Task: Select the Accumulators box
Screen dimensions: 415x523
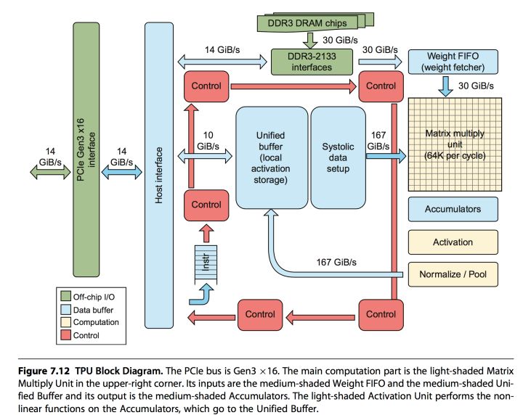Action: pyautogui.click(x=453, y=209)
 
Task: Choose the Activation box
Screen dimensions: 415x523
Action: pyautogui.click(x=453, y=242)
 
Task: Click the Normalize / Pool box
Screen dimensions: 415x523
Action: pyautogui.click(x=453, y=274)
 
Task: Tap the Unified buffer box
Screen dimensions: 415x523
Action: pyautogui.click(x=271, y=157)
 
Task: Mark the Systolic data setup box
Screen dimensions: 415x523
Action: pyautogui.click(x=339, y=157)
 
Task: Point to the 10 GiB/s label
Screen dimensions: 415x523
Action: pyautogui.click(x=207, y=140)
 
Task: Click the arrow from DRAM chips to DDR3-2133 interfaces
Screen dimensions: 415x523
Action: pyautogui.click(x=309, y=40)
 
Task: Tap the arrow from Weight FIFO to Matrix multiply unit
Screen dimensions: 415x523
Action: pyautogui.click(x=445, y=86)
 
